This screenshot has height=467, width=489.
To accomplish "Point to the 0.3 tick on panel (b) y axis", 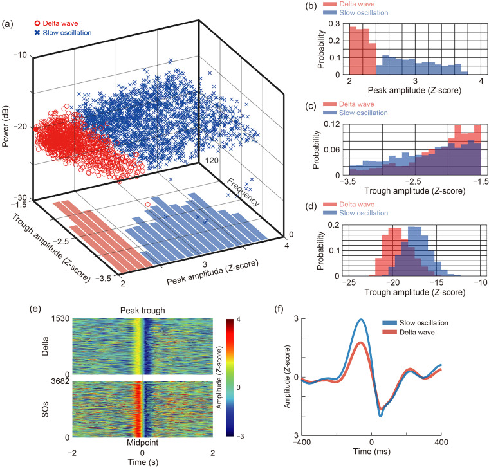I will pos(337,23).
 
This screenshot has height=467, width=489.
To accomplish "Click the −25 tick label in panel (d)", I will pos(348,283).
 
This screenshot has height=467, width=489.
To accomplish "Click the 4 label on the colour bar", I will pos(240,320).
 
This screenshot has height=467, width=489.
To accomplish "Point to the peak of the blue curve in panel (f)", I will pos(361,320).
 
